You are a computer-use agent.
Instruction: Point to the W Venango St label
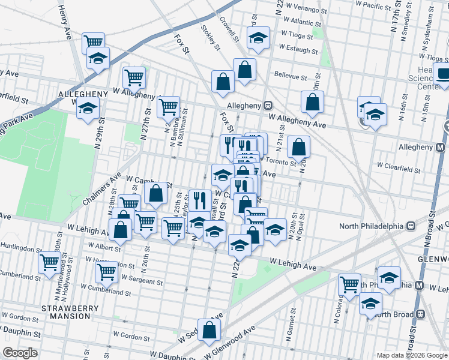coord(306,10)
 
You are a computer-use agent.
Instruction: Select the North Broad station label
coord(396,314)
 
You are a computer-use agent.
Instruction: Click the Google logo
coord(20,353)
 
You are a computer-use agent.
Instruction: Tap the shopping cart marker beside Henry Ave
coord(93,42)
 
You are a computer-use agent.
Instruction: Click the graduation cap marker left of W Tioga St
coord(259,38)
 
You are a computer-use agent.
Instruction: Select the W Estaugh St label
coord(298,49)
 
